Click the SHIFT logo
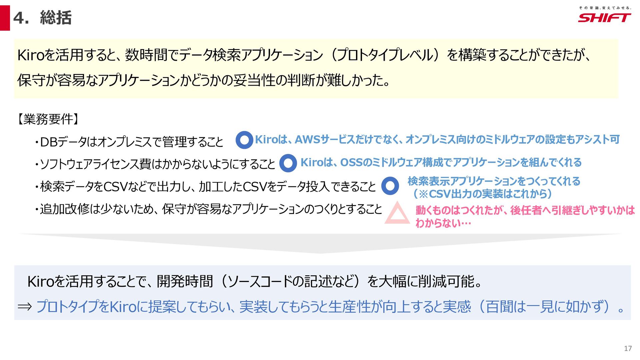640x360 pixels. click(x=604, y=18)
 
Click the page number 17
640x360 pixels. click(x=628, y=348)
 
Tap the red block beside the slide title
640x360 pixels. click(x=5, y=18)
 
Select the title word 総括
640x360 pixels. click(x=56, y=18)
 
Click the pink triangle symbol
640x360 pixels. click(x=397, y=214)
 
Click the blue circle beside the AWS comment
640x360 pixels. click(x=244, y=140)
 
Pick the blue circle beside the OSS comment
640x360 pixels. click(x=288, y=163)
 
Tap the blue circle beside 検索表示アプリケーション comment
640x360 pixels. click(x=390, y=186)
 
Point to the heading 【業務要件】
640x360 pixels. click(x=47, y=119)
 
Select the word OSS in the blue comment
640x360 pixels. click(x=351, y=162)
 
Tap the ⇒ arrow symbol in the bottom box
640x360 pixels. click(x=25, y=306)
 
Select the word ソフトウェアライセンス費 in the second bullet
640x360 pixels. click(x=95, y=164)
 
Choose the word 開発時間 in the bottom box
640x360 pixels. click(x=185, y=282)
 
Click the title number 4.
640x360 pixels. click(x=21, y=18)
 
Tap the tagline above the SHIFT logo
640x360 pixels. click(x=605, y=8)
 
